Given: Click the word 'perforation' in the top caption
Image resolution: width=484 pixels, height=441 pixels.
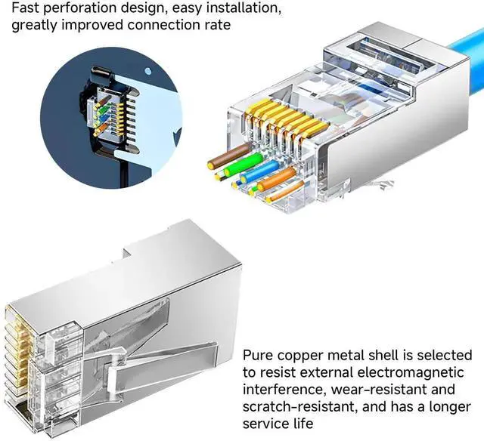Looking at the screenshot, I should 79,9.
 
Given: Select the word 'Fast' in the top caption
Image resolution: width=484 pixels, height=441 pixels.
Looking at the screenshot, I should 26,9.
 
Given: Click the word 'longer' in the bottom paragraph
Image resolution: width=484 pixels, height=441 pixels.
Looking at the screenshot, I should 451,407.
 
